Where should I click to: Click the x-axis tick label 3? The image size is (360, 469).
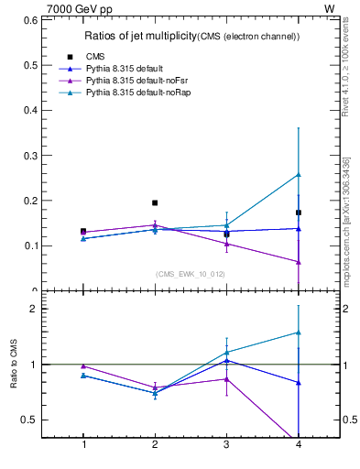point(226,444)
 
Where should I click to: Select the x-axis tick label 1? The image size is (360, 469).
point(83,444)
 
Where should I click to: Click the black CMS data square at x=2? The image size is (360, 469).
point(155,202)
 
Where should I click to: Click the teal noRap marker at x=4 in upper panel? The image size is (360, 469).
point(299,174)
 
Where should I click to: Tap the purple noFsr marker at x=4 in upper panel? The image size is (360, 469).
point(299,262)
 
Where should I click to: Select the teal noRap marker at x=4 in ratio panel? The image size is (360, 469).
point(299,333)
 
